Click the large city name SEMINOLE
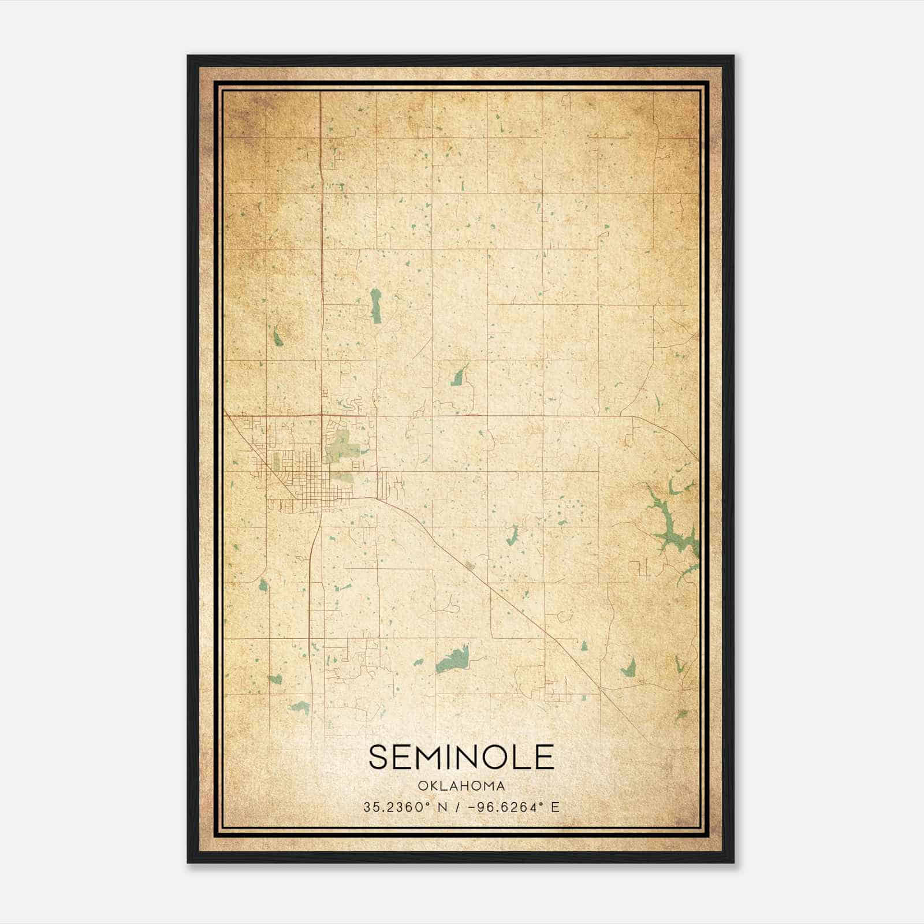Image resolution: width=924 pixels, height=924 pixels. point(461,757)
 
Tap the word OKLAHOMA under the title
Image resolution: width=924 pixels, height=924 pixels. point(461,786)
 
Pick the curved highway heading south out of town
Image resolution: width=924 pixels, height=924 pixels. point(312,577)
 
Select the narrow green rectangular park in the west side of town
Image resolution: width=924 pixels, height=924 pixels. point(277,461)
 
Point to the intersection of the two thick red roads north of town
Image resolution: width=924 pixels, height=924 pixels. point(321,415)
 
